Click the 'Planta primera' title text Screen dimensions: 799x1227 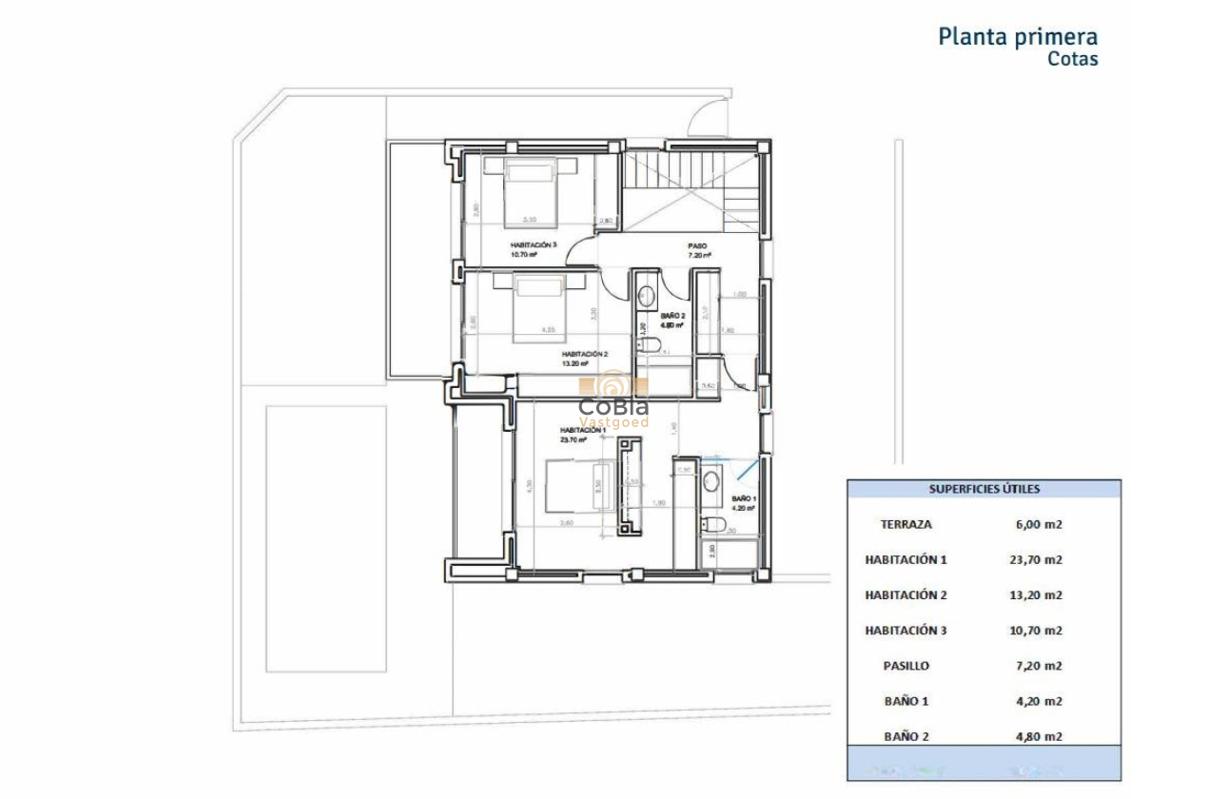1018,37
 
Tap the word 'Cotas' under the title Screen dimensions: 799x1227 1072,59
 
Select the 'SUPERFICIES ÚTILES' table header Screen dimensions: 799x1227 984,489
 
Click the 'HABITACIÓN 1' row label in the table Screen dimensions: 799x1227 906,559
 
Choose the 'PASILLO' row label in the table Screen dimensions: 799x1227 906,666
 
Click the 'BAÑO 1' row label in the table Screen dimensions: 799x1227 906,701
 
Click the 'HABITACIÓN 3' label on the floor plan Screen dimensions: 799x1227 533,245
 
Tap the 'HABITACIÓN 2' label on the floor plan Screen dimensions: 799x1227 584,354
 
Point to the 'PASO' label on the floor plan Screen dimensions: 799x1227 697,245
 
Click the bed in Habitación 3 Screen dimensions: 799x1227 530,186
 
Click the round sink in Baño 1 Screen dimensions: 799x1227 711,482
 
